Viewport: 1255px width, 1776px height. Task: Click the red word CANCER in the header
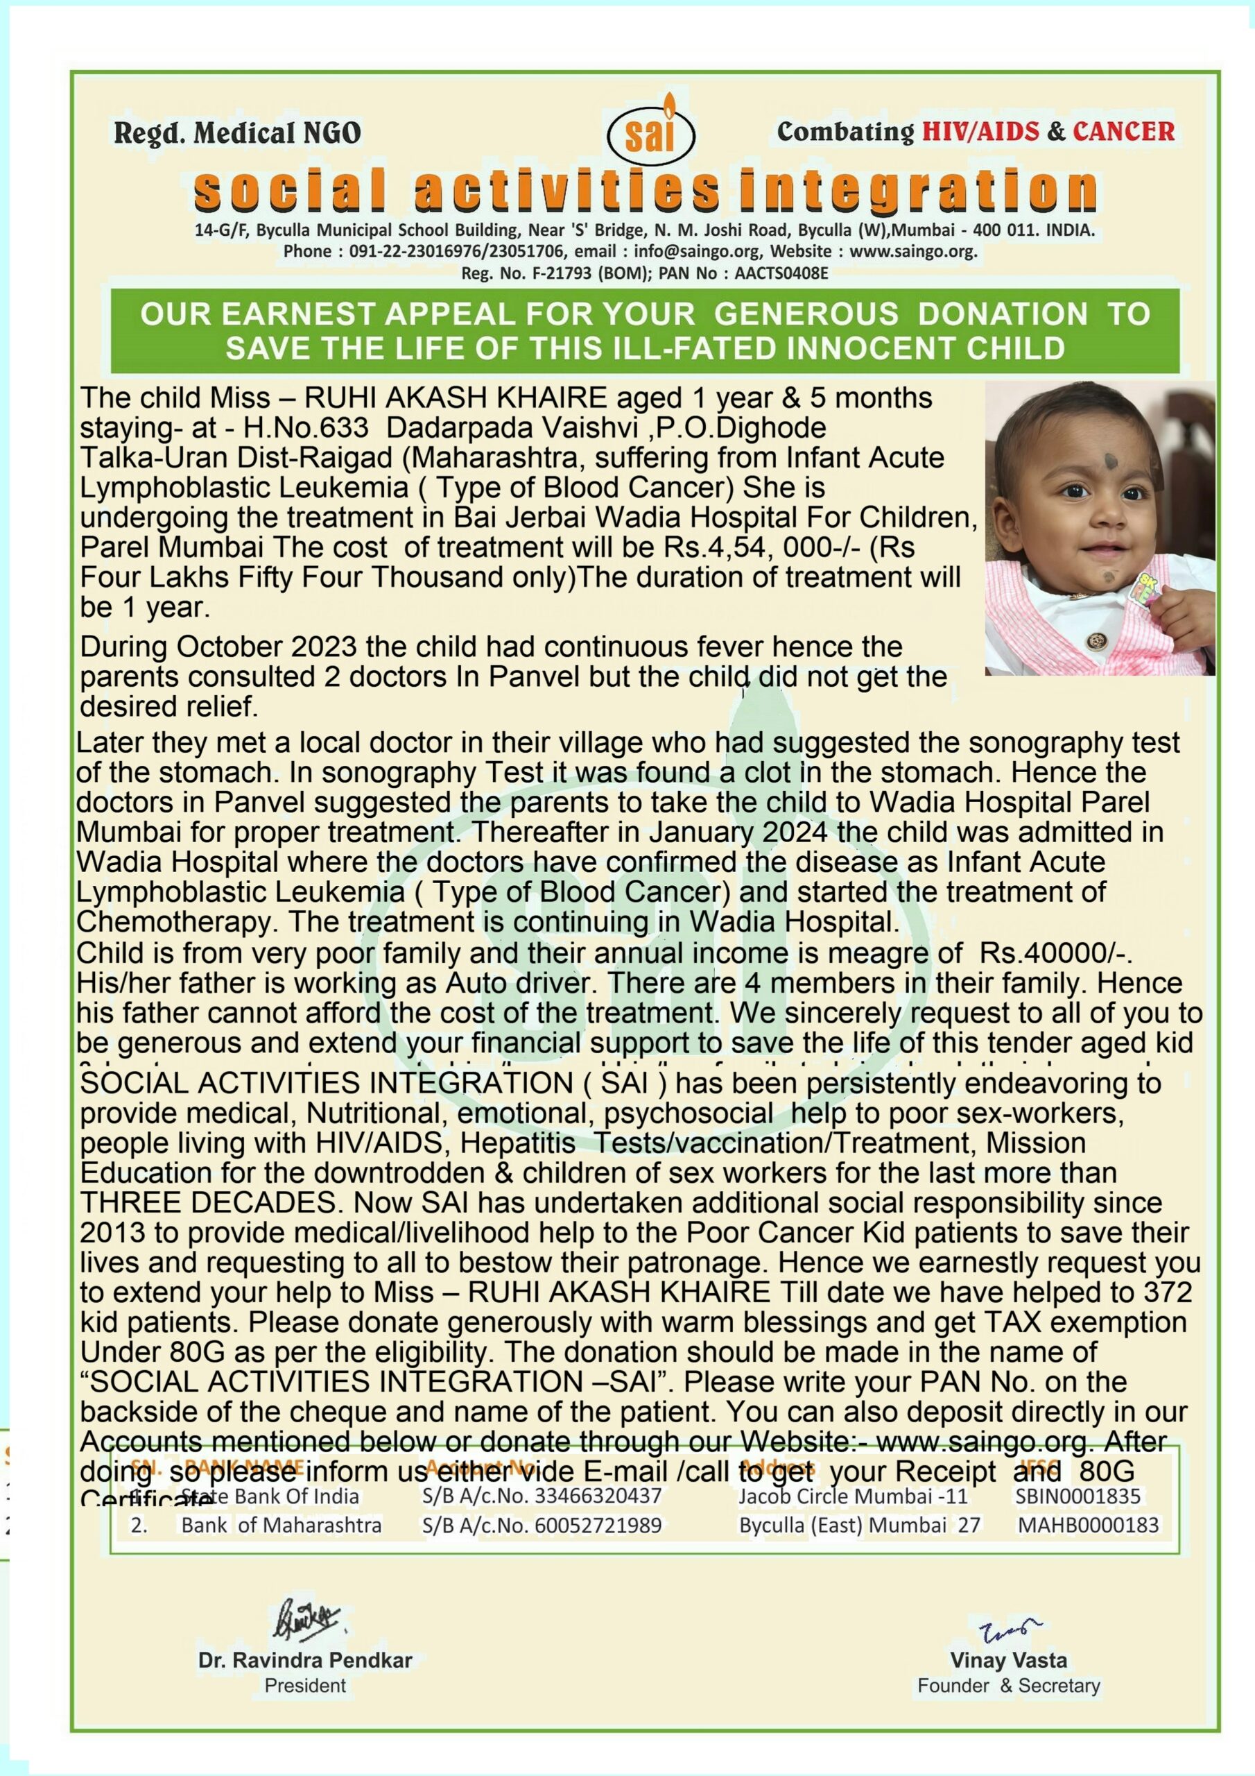coord(1123,132)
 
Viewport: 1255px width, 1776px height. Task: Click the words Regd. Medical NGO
coord(237,133)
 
